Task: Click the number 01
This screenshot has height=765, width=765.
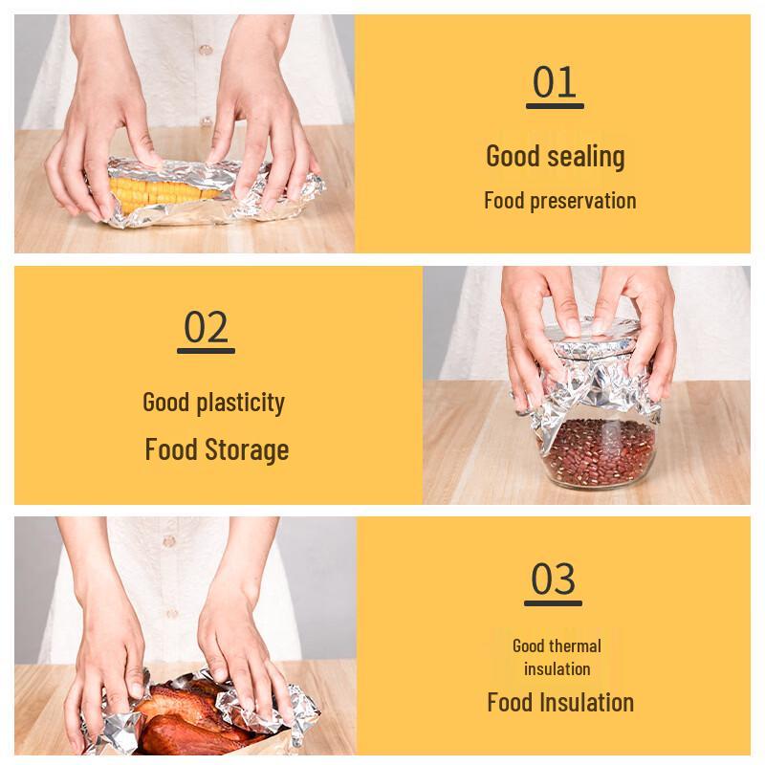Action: tap(555, 82)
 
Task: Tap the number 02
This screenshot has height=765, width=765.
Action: tap(207, 327)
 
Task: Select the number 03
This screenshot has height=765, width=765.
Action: tap(554, 579)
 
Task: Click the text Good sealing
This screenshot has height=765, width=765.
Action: tap(555, 156)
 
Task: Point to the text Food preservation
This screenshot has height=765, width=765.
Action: tap(559, 201)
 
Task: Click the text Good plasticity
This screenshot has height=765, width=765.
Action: tap(213, 402)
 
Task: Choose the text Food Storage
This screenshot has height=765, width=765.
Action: tap(216, 448)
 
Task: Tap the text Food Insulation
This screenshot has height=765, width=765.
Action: tap(559, 702)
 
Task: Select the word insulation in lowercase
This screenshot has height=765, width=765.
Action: tap(557, 668)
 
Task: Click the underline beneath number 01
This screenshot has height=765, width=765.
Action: tap(555, 106)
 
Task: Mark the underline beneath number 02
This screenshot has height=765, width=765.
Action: tap(207, 351)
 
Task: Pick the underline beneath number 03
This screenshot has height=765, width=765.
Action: tap(554, 602)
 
